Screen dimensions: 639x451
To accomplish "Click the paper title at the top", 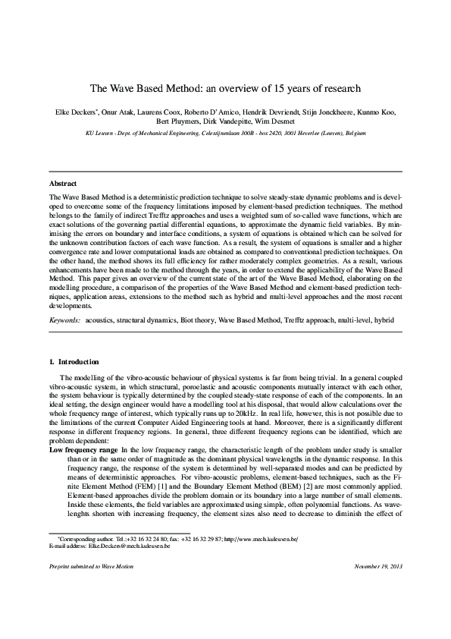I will click(x=225, y=89).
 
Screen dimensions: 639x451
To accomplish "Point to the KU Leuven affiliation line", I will click(x=225, y=132).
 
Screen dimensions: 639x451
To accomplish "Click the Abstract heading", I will click(x=63, y=184).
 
